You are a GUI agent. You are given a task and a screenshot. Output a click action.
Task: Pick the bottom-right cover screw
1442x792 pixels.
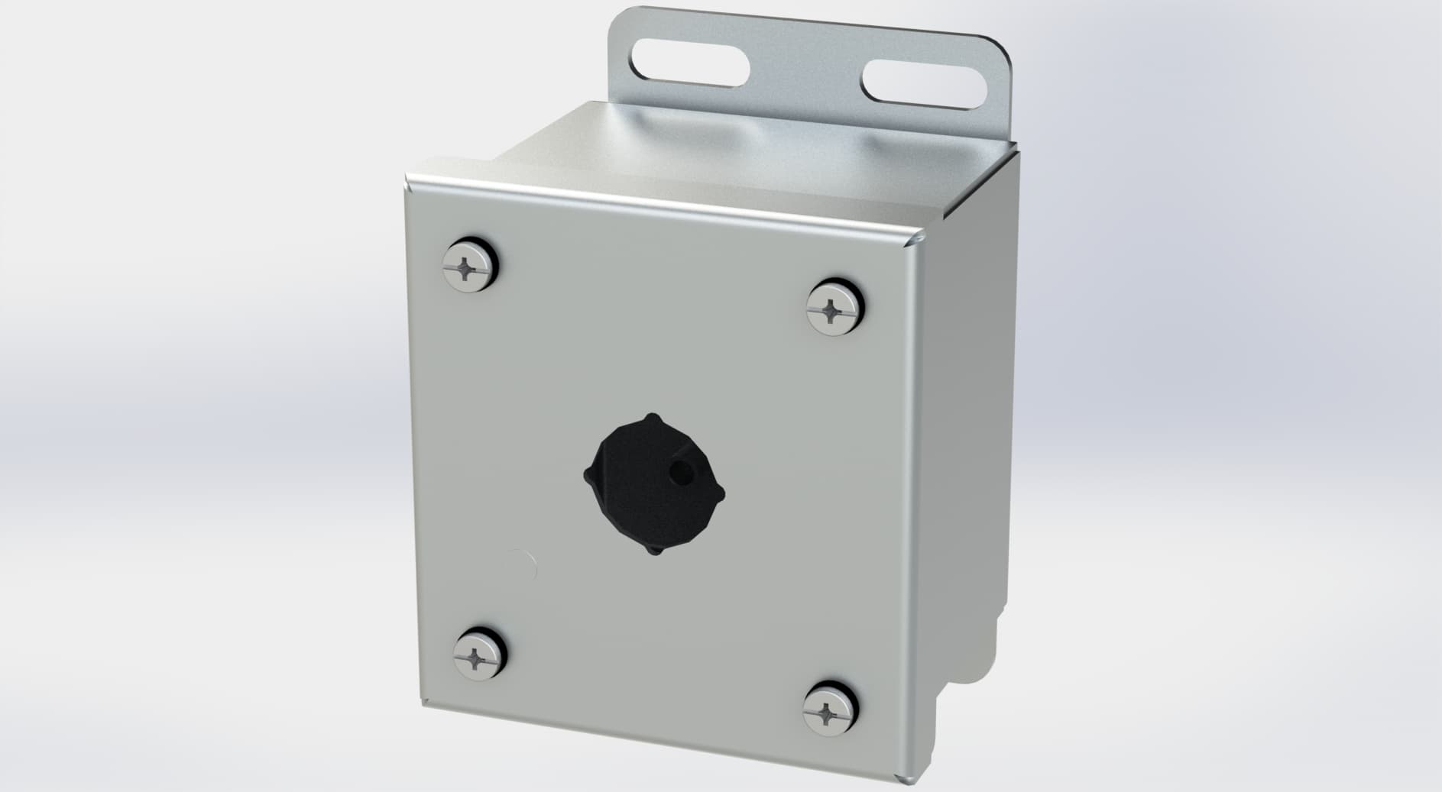tap(832, 713)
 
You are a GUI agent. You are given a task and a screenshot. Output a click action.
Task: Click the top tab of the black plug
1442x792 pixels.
tap(651, 418)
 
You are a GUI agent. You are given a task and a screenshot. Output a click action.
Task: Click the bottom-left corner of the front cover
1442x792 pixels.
tap(423, 703)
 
